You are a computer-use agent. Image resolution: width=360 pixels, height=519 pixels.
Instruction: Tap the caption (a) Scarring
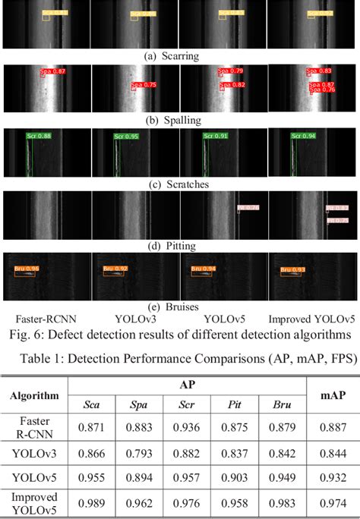point(179,56)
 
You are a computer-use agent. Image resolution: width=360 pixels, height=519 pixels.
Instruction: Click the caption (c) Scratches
point(179,182)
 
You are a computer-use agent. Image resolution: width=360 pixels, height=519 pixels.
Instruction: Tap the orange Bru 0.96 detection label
point(27,268)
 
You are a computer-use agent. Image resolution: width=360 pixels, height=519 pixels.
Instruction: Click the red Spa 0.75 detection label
point(144,85)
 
